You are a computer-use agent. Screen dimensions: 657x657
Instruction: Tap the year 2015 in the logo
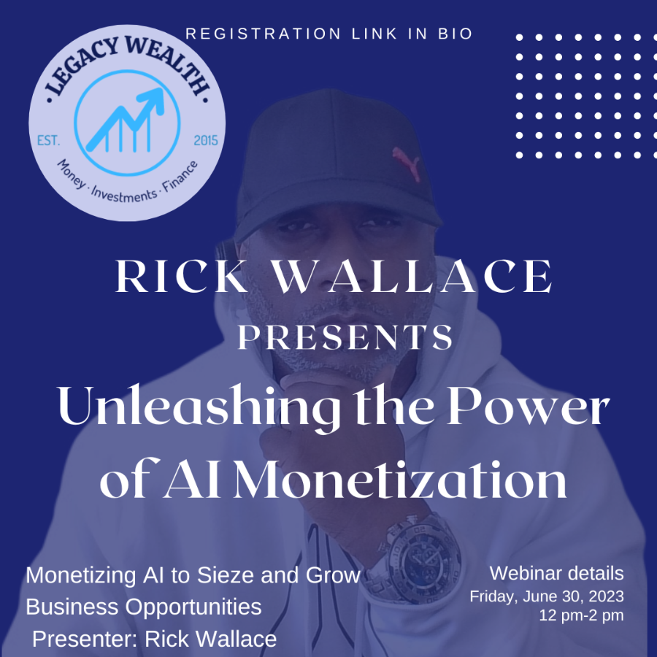point(206,140)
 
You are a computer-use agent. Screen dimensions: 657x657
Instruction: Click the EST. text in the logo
point(49,140)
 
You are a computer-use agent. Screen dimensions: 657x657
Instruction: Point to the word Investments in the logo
point(124,195)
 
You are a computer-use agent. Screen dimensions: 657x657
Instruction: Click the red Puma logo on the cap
point(406,164)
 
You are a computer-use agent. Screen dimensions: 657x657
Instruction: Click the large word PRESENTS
point(345,337)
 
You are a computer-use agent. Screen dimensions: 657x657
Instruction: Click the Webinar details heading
point(556,574)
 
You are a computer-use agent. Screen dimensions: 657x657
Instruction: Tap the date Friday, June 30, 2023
point(546,596)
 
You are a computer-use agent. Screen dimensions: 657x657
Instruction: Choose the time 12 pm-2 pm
point(581,615)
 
